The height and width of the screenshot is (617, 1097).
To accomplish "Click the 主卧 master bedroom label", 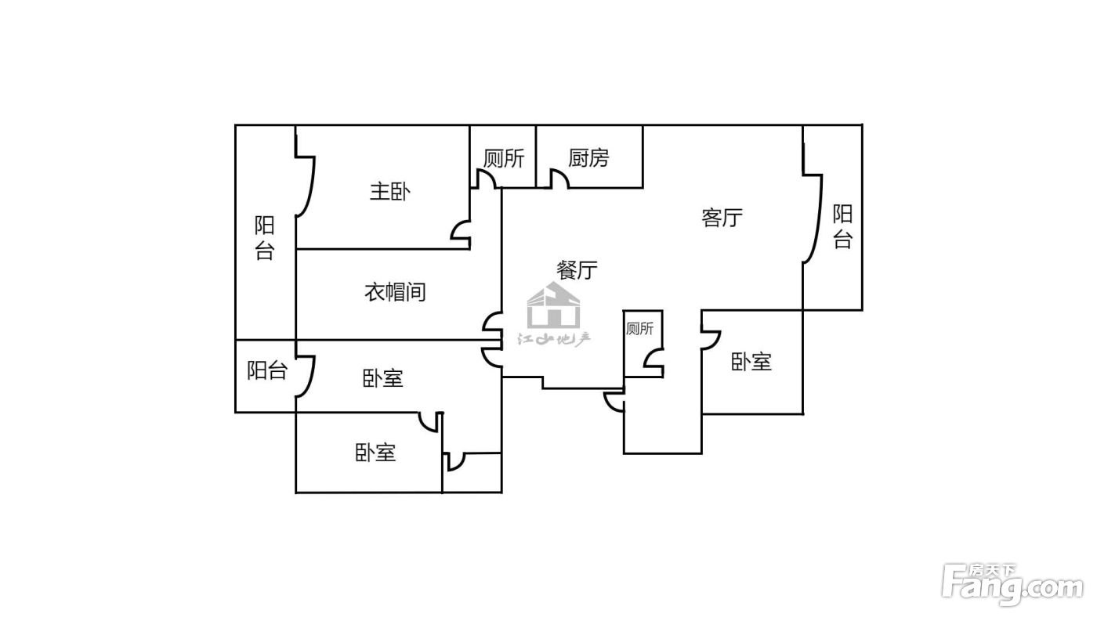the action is pyautogui.click(x=390, y=191).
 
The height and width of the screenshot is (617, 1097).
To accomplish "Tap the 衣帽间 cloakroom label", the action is pyautogui.click(x=395, y=292).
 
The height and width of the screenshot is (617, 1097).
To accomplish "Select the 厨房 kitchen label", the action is pyautogui.click(x=588, y=157).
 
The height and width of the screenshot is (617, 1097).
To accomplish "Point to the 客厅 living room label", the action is pyautogui.click(x=722, y=217).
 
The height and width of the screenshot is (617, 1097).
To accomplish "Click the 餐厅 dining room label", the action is pyautogui.click(x=577, y=269).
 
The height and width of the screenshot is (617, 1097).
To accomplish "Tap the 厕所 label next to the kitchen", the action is pyautogui.click(x=504, y=157).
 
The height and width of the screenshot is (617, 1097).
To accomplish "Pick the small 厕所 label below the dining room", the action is pyautogui.click(x=639, y=329).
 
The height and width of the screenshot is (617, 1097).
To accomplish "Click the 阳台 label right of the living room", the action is pyautogui.click(x=843, y=226).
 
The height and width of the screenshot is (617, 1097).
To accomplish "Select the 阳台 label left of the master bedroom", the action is pyautogui.click(x=265, y=238).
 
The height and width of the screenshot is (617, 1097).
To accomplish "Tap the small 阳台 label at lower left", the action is pyautogui.click(x=267, y=370).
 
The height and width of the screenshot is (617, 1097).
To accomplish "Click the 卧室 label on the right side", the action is pyautogui.click(x=751, y=362).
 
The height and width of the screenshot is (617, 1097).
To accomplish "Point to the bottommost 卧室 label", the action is pyautogui.click(x=375, y=453).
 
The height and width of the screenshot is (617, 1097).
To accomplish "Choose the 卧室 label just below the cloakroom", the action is pyautogui.click(x=382, y=379).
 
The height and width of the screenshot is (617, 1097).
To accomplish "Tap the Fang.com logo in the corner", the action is pyautogui.click(x=1012, y=585).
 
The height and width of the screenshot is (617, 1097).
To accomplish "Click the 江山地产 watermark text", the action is pyautogui.click(x=555, y=338).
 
